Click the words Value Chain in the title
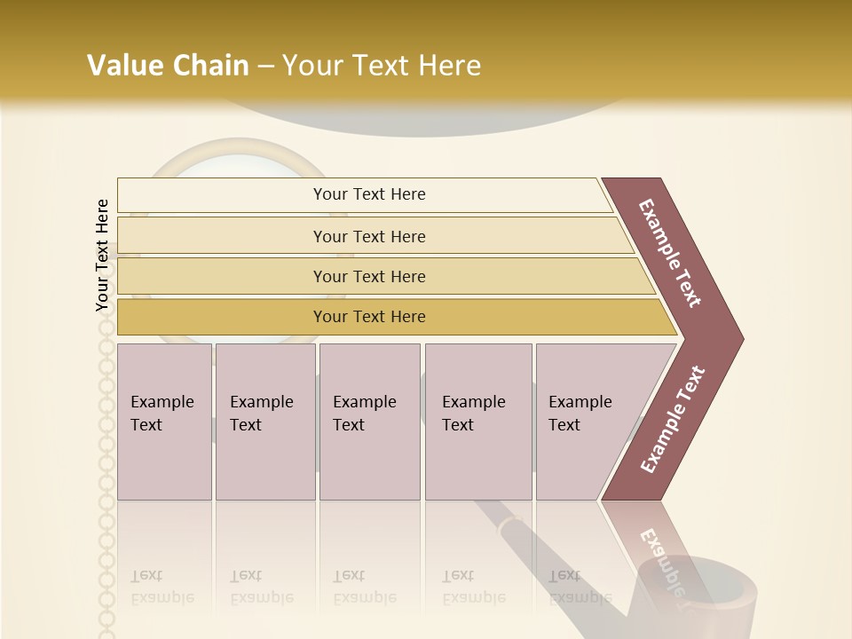(x=168, y=66)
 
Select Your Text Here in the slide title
(x=382, y=66)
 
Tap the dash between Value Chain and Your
(x=265, y=67)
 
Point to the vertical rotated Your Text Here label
(x=102, y=255)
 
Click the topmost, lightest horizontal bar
(x=368, y=194)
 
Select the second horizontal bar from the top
(x=368, y=236)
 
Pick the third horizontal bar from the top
(x=368, y=276)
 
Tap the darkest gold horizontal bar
(x=368, y=317)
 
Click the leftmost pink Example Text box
(x=163, y=421)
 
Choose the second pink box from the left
(x=264, y=421)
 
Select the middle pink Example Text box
(x=368, y=421)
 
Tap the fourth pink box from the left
(x=477, y=421)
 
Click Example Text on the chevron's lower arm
(x=673, y=420)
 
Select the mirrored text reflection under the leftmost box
(x=162, y=587)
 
